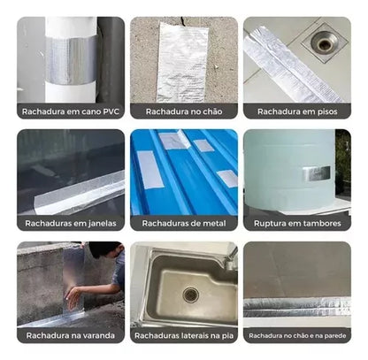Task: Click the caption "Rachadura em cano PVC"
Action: click(70, 111)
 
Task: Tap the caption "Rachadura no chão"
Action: click(183, 111)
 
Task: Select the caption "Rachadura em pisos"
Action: click(296, 111)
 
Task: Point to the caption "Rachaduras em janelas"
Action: click(70, 224)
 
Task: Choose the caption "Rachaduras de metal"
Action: click(183, 224)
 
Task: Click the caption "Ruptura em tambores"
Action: click(296, 224)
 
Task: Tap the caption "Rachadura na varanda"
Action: click(70, 336)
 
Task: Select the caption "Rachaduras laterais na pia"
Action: click(183, 336)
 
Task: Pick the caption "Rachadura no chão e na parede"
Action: click(296, 336)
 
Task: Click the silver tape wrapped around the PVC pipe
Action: click(70, 60)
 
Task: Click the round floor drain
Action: click(324, 40)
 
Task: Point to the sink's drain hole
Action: click(190, 295)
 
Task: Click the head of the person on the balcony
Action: click(104, 250)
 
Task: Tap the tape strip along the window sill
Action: click(80, 192)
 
